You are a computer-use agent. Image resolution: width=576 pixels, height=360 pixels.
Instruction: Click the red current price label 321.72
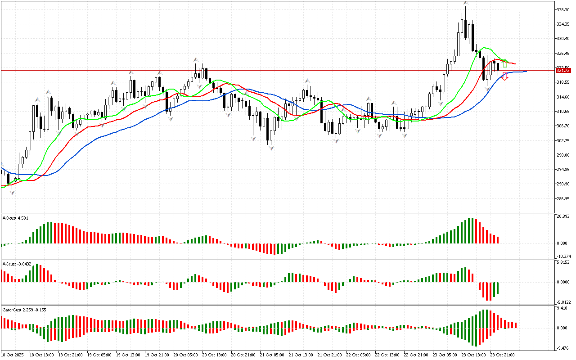pyautogui.click(x=563, y=71)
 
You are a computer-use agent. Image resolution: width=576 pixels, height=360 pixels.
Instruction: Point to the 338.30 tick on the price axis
pyautogui.click(x=564, y=9)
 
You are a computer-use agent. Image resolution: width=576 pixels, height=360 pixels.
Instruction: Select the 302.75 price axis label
pyautogui.click(x=564, y=140)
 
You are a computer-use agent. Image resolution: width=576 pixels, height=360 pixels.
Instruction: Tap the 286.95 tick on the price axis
pyautogui.click(x=564, y=198)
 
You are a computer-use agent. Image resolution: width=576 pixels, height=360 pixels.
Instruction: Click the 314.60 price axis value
pyautogui.click(x=564, y=97)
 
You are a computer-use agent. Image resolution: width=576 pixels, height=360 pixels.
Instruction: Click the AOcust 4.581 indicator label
pyautogui.click(x=15, y=218)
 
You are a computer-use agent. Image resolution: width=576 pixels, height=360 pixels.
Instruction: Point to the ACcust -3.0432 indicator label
pyautogui.click(x=17, y=264)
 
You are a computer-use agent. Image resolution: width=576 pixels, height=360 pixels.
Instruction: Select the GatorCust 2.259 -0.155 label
pyautogui.click(x=24, y=310)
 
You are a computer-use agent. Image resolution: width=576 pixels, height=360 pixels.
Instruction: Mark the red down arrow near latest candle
pyautogui.click(x=505, y=77)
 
